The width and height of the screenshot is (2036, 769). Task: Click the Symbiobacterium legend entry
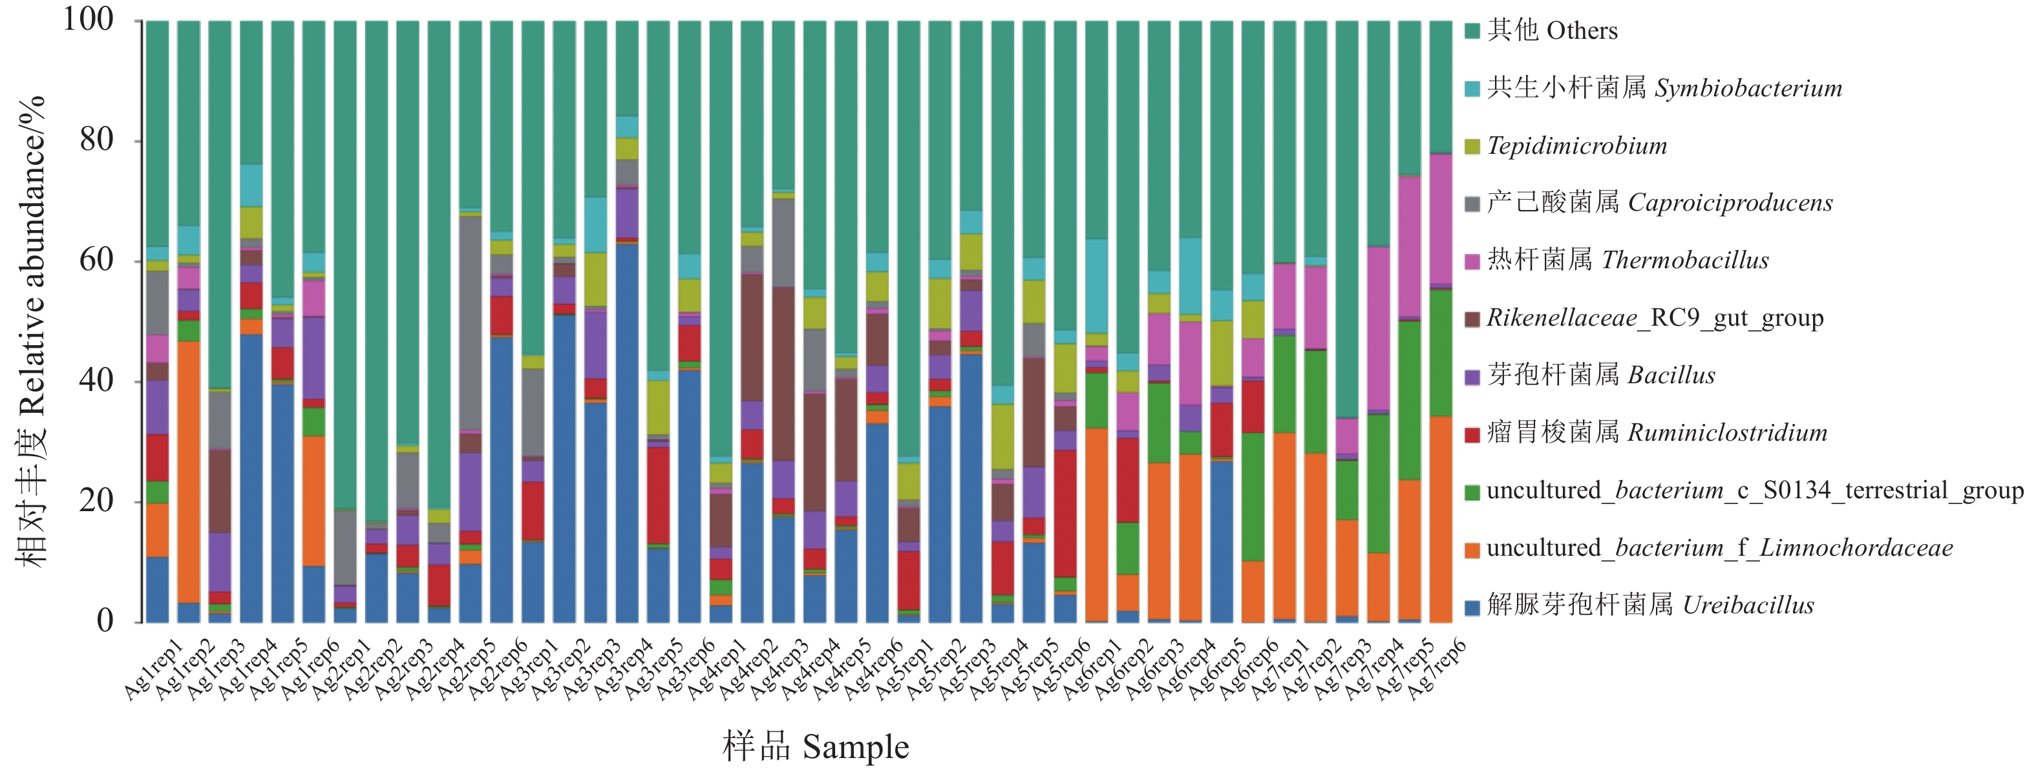click(x=1664, y=88)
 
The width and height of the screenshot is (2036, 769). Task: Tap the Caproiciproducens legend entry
click(x=1659, y=203)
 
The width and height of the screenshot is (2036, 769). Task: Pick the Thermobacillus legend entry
click(x=1628, y=260)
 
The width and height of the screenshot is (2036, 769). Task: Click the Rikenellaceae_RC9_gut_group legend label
click(x=1654, y=318)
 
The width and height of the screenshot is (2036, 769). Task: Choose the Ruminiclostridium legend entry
click(x=1657, y=432)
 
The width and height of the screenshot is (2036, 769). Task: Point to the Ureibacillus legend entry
click(x=1649, y=606)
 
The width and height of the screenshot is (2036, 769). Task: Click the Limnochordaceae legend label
click(x=1719, y=548)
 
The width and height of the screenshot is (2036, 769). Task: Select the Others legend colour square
click(x=1472, y=31)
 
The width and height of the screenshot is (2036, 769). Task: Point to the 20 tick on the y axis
click(x=96, y=500)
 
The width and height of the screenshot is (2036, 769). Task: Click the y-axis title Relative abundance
click(x=32, y=332)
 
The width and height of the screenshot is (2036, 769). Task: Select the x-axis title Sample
click(x=816, y=747)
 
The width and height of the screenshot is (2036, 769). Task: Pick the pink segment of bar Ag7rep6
click(x=1441, y=218)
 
